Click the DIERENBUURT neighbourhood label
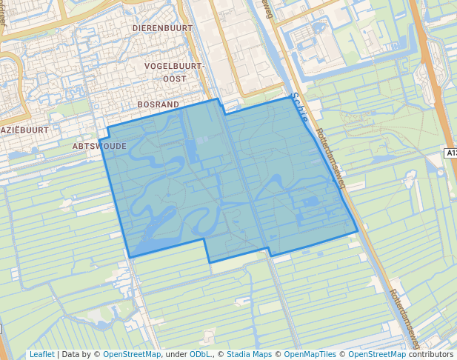coord(162,28)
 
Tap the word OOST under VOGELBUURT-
coord(175,79)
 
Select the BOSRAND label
coord(159,105)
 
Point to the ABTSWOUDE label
coord(99,147)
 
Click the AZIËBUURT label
coord(24,130)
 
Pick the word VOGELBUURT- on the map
coord(174,66)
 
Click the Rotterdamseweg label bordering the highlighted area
coord(330,159)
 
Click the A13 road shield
coord(451,153)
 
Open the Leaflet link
coord(41,355)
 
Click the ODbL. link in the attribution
coord(200,355)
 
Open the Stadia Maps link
coord(249,355)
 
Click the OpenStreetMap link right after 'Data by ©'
coord(132,355)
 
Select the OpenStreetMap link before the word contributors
coord(377,355)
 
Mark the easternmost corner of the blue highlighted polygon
coord(358,231)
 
